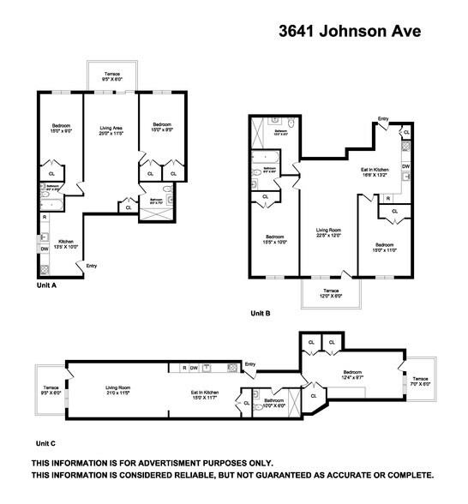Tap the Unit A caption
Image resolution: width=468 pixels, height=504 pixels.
[46, 285]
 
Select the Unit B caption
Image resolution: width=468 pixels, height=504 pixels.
[260, 314]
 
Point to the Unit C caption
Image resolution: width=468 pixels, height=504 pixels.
[45, 443]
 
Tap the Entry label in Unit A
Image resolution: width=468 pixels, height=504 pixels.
[91, 266]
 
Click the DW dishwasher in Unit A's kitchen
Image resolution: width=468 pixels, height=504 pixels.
[44, 249]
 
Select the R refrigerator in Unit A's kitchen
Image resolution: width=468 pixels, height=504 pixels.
[43, 216]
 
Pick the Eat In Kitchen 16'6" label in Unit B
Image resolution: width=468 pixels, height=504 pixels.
[375, 174]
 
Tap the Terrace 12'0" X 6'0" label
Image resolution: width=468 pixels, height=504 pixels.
[330, 293]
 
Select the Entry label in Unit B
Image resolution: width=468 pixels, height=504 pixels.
[382, 119]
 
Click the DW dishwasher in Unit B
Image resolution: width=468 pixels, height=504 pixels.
[405, 166]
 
